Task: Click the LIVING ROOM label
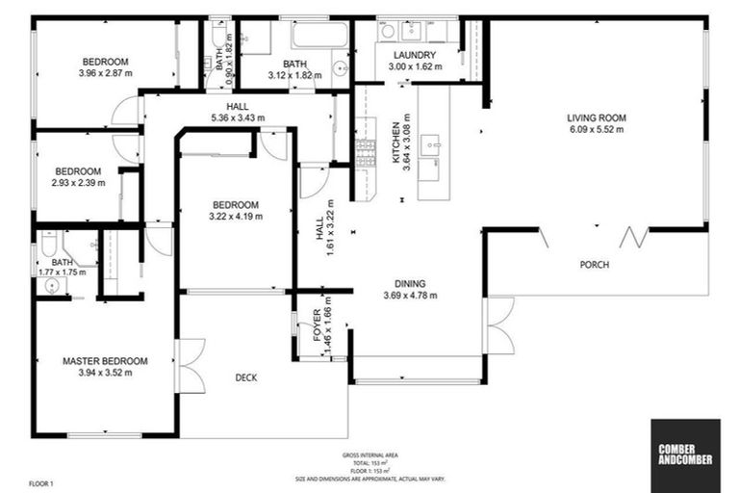(597, 118)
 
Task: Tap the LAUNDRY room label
(415, 55)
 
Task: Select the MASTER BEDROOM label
(105, 361)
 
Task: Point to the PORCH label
(595, 265)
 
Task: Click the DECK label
(246, 377)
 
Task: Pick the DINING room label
(416, 283)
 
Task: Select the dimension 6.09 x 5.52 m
(597, 130)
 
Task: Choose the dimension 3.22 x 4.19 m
(236, 217)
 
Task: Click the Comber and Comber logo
(684, 453)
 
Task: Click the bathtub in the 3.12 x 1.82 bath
(319, 37)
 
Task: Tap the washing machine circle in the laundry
(388, 31)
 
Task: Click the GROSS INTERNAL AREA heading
(369, 454)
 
